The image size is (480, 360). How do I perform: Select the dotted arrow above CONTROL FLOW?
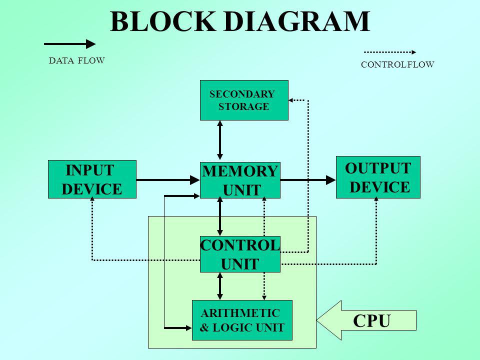389,51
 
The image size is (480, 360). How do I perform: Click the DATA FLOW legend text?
77,61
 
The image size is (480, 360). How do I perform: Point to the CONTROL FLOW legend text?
397,64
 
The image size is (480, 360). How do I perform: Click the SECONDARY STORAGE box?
244,100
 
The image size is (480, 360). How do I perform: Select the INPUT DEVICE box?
92,179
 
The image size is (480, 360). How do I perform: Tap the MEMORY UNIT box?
239,180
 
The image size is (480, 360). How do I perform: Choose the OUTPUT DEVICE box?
378,177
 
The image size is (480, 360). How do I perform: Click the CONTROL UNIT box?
240,254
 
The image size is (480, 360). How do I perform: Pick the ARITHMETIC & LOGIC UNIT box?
242,320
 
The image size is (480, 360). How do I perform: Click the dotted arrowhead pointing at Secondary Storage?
292,100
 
